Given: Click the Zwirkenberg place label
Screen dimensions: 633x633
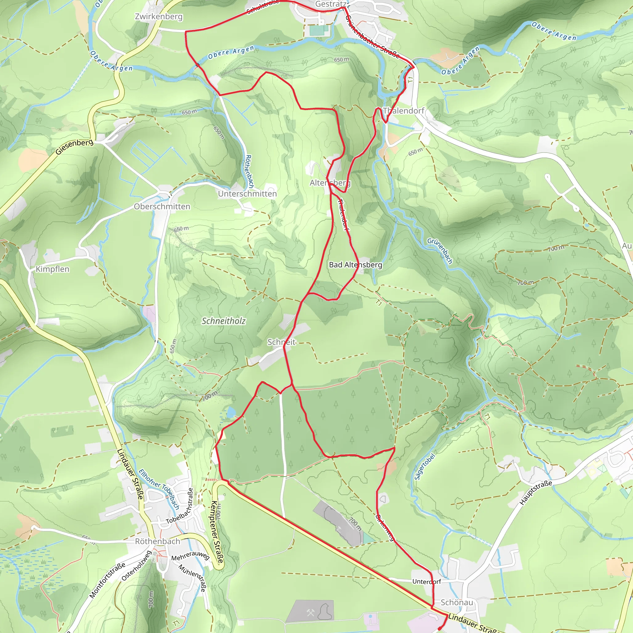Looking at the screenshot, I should click(159, 16).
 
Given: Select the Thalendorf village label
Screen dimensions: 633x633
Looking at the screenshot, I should click(404, 111).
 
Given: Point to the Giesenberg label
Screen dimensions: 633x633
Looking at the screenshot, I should click(74, 147).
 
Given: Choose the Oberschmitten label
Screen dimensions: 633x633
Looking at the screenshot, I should click(162, 206).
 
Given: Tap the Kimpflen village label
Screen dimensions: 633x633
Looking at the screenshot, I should click(53, 269).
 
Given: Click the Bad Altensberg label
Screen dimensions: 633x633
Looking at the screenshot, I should click(355, 265).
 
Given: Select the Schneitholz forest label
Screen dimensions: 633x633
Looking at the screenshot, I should click(223, 321).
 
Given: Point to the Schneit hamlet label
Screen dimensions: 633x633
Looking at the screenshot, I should click(282, 342).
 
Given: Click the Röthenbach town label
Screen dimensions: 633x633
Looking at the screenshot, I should click(158, 541).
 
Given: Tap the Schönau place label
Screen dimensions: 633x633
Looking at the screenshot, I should click(457, 602).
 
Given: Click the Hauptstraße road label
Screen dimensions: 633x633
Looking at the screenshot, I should click(536, 492).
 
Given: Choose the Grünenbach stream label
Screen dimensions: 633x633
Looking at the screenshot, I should click(440, 251).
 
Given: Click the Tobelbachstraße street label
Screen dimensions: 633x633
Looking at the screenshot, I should click(180, 507).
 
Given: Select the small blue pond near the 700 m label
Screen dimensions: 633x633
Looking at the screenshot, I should click(231, 411).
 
